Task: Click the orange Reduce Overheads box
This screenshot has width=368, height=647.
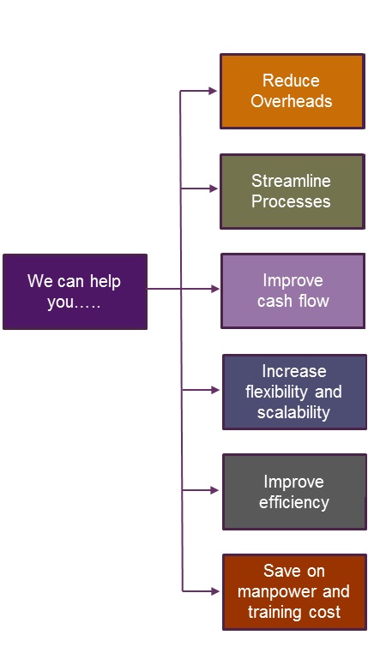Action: point(293,91)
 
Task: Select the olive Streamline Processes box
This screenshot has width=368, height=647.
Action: point(293,191)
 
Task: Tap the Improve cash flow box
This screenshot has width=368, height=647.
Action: point(293,291)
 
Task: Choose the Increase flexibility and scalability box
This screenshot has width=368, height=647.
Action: point(294,392)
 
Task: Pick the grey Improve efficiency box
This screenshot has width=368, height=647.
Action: point(294,492)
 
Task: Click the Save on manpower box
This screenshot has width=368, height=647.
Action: point(294,592)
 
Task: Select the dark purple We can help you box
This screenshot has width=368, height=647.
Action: point(75,291)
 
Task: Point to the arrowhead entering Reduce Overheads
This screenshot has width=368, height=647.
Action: point(213,91)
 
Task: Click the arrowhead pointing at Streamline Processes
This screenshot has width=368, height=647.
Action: point(214,189)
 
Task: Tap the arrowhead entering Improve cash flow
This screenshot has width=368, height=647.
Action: point(214,289)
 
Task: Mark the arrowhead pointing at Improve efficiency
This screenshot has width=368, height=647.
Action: point(214,490)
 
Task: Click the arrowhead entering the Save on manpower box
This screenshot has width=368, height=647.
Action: point(215,591)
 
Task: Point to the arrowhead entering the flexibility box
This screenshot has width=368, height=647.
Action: point(214,390)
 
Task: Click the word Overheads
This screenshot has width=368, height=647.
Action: point(291,101)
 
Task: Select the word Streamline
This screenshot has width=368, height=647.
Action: point(291,181)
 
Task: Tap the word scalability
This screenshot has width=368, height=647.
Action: point(293,413)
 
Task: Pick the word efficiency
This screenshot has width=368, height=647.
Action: point(293,502)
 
